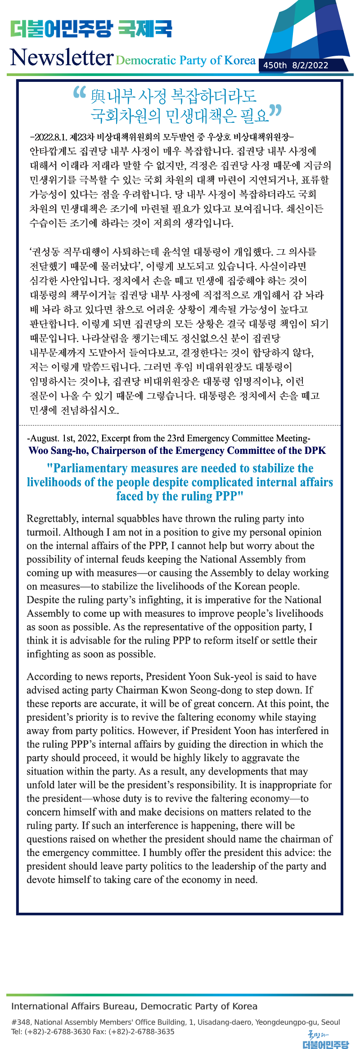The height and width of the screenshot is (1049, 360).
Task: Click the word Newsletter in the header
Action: point(61,58)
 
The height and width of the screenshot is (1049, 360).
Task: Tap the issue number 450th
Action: point(274,65)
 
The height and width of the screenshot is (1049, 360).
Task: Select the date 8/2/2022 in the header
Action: point(310,65)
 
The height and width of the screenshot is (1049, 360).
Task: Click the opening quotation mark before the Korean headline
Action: point(79,92)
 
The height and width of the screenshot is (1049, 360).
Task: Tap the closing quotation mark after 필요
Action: point(275,111)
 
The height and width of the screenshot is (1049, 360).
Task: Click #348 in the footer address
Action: point(21,1022)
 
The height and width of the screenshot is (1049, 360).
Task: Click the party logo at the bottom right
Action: point(325,1040)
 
